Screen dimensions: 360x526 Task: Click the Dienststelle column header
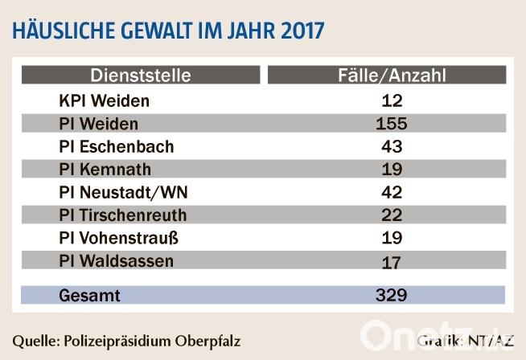pos(141,76)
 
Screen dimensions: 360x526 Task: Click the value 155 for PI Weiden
pos(391,125)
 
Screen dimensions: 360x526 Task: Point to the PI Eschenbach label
pos(116,148)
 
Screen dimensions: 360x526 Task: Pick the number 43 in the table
pos(391,148)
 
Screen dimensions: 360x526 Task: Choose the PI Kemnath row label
pos(105,170)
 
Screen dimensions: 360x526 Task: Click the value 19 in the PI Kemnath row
pos(391,170)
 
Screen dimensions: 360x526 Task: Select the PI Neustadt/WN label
pos(123,193)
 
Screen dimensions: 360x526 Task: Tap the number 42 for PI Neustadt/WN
pos(391,193)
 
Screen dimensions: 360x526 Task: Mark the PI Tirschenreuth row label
pos(122,215)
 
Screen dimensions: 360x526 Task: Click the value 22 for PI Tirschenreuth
pos(391,215)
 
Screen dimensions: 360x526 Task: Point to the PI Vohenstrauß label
pos(120,239)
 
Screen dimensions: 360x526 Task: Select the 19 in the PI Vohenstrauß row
pos(391,239)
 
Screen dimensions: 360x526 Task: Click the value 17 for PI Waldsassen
pos(391,262)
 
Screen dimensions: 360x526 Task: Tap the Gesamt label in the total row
pos(89,296)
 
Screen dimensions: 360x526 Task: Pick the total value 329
pos(391,296)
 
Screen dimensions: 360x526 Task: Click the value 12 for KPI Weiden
pos(391,101)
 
